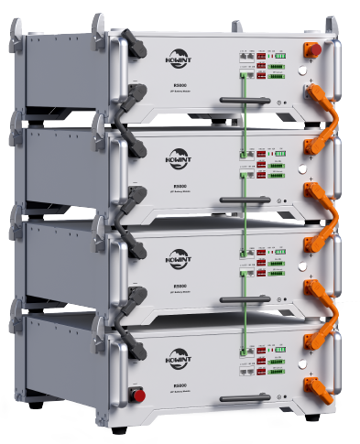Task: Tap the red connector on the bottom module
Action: pos(139,395)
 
